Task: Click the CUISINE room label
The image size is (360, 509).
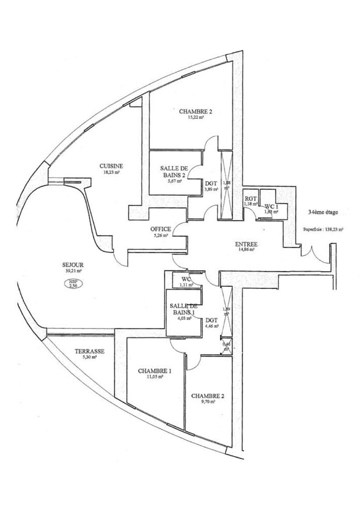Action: point(111,166)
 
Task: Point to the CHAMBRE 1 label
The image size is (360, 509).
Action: point(155,371)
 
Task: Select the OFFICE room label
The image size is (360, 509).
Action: point(160,229)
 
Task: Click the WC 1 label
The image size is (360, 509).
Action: point(271,206)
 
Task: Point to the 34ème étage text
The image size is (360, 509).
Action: point(323,213)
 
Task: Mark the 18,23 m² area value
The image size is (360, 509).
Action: point(111,172)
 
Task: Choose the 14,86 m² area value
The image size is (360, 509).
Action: point(246,250)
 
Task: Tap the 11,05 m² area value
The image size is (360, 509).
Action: point(155,378)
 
